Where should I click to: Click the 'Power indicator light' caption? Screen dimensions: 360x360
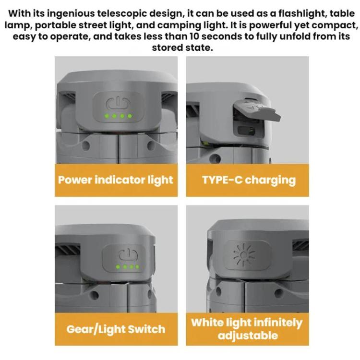pos(116,180)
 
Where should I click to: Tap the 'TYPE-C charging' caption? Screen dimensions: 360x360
pos(249,180)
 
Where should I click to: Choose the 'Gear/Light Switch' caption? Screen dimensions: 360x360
pos(116,329)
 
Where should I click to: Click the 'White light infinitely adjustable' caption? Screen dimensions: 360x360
pos(247,329)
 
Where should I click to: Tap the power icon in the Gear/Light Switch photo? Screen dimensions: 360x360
pos(128,255)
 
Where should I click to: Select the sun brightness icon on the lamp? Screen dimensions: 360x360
pos(244,254)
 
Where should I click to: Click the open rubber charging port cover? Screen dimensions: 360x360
pos(257,108)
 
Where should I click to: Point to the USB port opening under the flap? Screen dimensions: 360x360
pos(246,131)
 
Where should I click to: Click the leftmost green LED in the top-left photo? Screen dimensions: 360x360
pos(107,116)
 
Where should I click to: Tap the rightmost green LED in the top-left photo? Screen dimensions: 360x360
pos(130,116)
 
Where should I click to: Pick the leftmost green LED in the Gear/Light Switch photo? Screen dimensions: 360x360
pos(118,267)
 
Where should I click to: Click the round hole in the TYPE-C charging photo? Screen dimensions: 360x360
pos(216,158)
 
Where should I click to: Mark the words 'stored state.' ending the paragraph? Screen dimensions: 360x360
pos(182,48)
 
